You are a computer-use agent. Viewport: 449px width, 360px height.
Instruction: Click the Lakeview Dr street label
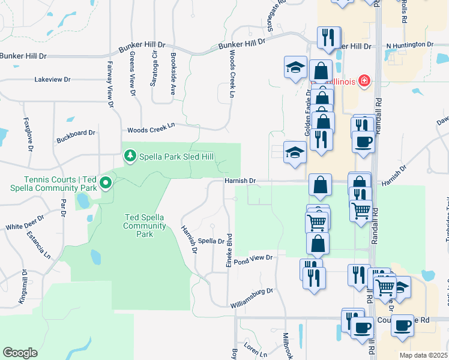52,79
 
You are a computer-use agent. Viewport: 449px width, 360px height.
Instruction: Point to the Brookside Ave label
172,73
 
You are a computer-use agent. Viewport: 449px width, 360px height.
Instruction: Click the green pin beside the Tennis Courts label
105,182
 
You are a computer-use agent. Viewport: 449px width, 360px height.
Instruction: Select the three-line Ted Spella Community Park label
144,226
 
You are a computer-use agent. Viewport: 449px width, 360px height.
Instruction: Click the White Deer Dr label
25,223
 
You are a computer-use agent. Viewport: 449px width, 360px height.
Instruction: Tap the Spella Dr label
211,241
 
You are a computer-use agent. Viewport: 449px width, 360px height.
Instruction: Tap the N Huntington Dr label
409,45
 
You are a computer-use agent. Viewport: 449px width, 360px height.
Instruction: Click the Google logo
20,353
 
